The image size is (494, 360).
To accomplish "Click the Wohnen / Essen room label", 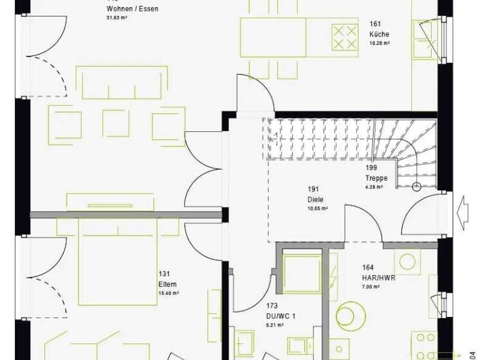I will point(132,9).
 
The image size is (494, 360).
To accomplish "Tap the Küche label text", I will point(379,34).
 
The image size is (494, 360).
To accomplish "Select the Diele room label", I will point(315,199).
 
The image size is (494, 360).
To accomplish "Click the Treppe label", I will point(375,178).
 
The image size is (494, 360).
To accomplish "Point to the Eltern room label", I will point(167,283).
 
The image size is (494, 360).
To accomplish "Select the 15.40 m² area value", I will point(168,292).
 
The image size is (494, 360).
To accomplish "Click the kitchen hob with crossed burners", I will point(344,36).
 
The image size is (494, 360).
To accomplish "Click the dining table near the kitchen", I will point(273,37).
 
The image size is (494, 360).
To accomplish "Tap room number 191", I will point(313,190).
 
